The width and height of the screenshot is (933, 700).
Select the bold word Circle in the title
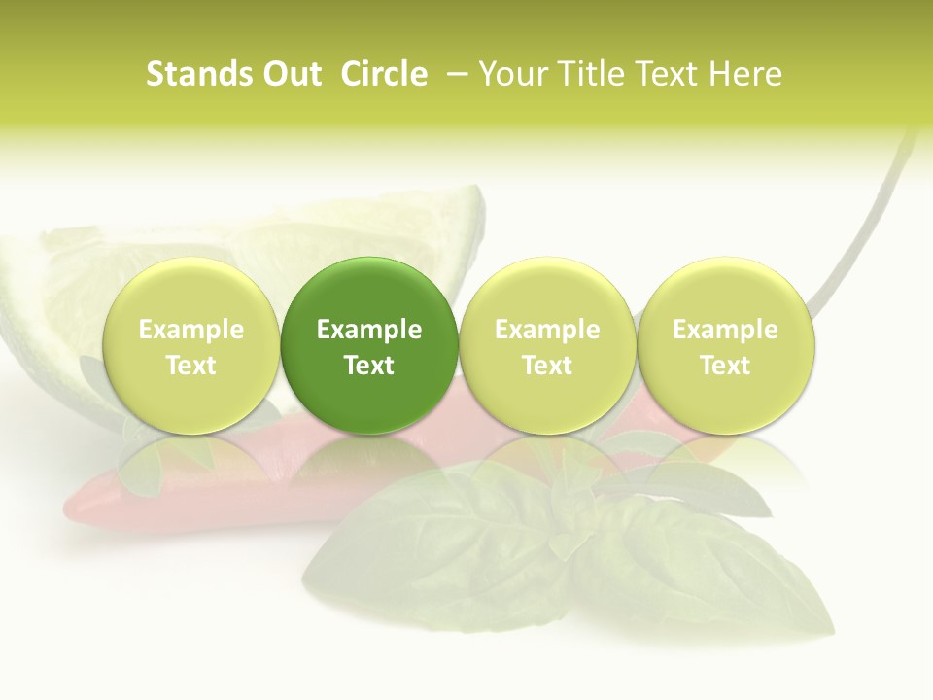(x=384, y=74)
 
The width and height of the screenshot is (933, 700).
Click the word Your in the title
(x=512, y=74)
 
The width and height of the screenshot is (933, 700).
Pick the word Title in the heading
(x=589, y=74)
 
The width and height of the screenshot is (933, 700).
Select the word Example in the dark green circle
(x=369, y=330)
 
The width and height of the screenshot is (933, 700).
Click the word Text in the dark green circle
(x=369, y=366)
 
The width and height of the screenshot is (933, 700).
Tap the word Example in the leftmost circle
(x=191, y=330)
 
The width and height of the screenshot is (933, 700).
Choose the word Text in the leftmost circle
(x=191, y=366)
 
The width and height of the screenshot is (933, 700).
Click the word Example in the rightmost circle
(x=725, y=330)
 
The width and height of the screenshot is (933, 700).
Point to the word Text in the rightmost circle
(x=725, y=366)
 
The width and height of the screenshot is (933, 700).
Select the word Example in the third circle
(x=547, y=330)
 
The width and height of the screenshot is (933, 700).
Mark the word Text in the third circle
(x=547, y=366)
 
